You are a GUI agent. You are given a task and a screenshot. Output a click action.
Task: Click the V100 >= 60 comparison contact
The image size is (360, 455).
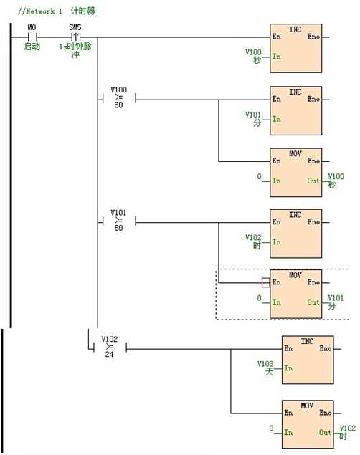118,98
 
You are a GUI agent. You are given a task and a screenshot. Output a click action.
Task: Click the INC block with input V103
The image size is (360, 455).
307,362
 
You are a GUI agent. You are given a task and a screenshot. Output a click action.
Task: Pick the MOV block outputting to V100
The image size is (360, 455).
295,173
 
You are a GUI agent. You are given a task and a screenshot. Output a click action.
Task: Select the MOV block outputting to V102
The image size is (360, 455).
307,424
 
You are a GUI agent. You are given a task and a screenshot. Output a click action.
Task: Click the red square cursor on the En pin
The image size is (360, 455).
265,283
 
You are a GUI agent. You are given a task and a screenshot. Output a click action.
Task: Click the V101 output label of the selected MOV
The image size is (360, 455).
334,302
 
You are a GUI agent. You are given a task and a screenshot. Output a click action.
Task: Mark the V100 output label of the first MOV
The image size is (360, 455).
334,180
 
